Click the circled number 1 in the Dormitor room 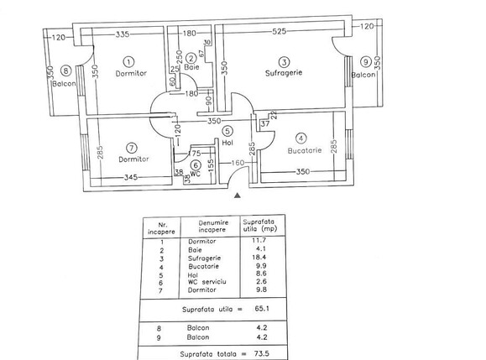point(128,61)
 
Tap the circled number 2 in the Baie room point(191,58)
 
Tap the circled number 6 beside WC point(195,165)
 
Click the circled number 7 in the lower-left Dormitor point(129,147)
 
